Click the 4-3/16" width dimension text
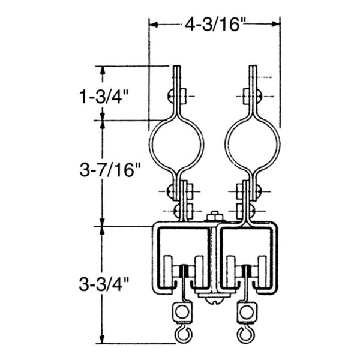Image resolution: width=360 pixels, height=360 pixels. point(214,25)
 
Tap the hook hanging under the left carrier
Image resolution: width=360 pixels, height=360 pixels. point(179,332)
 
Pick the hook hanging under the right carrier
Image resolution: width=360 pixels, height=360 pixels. point(245,332)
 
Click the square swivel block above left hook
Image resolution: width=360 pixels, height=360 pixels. point(179,311)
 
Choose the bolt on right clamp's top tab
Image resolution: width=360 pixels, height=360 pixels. point(251,95)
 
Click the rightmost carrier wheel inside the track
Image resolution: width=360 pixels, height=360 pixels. point(263,268)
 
